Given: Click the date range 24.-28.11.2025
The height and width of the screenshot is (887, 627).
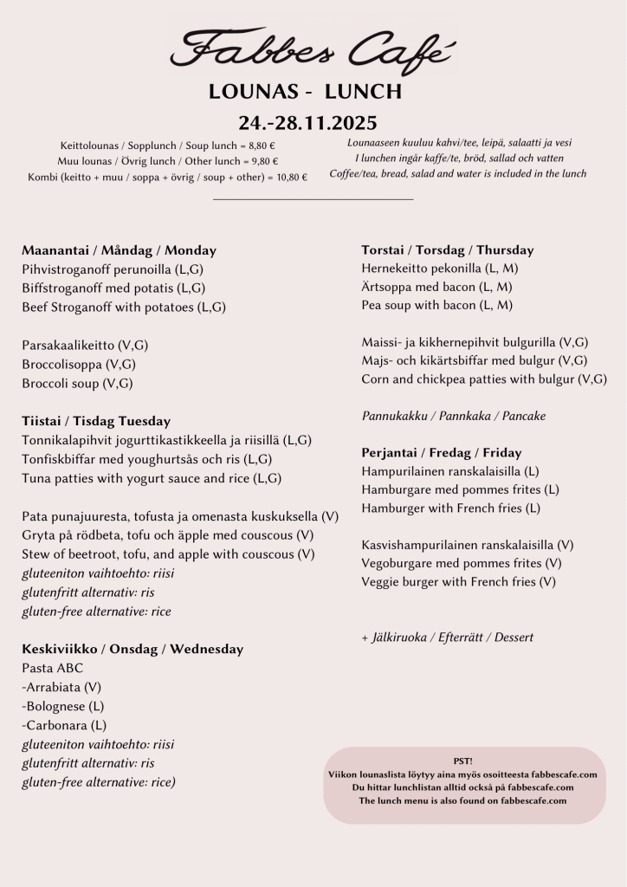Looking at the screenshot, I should click(x=307, y=122).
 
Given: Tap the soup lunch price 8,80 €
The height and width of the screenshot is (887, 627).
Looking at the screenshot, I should click(x=260, y=146).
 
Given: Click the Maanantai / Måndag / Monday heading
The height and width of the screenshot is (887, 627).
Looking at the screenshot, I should click(x=119, y=250).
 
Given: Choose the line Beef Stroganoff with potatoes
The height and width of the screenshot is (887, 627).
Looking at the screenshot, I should click(x=123, y=307).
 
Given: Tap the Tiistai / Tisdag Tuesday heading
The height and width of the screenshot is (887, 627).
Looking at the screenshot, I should click(x=96, y=421).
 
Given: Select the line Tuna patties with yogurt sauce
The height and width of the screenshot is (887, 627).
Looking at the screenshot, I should click(x=152, y=478).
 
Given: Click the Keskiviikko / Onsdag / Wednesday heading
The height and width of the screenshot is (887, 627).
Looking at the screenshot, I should click(x=133, y=649).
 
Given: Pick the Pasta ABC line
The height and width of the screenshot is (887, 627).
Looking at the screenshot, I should click(x=53, y=668).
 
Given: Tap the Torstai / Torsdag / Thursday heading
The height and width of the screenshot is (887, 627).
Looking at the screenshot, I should click(x=447, y=250).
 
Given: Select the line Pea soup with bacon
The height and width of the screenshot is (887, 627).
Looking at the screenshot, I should click(x=436, y=305).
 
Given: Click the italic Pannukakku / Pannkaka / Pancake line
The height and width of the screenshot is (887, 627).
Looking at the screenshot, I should click(x=453, y=416).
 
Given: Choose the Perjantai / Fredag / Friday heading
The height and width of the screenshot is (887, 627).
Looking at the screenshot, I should click(x=441, y=452).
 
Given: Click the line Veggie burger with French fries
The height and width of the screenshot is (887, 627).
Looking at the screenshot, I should click(x=458, y=582).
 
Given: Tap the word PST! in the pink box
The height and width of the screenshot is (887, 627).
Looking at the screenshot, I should click(x=463, y=761).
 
